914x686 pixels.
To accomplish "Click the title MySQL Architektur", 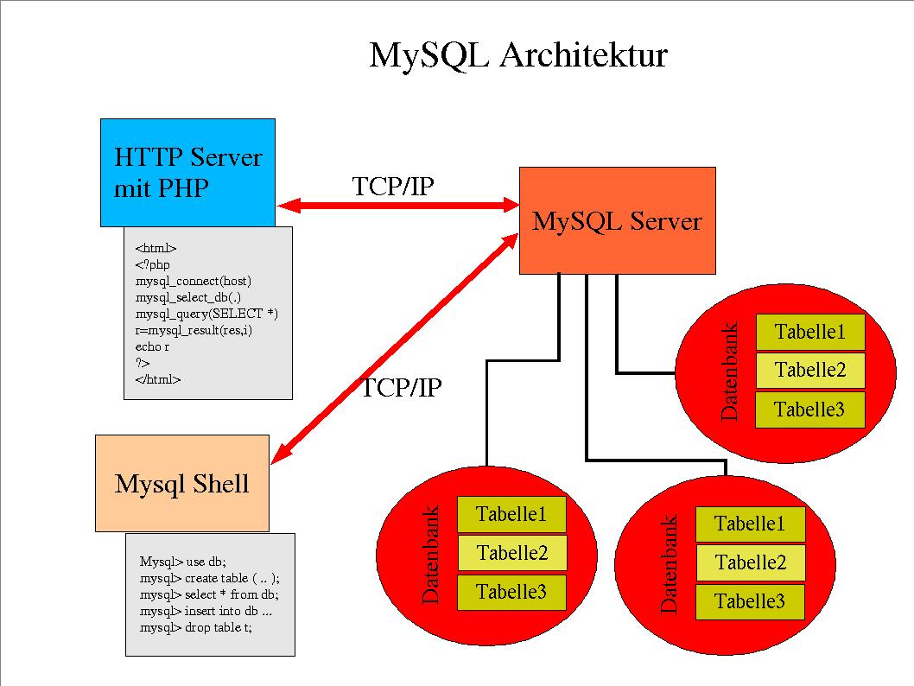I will pyautogui.click(x=518, y=55).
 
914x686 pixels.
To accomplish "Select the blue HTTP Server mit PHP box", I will pyautogui.click(x=187, y=172).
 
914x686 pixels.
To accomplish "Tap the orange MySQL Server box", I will pyautogui.click(x=617, y=221).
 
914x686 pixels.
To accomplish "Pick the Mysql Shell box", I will pyautogui.click(x=181, y=483).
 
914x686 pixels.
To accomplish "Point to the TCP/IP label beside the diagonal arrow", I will pyautogui.click(x=401, y=388).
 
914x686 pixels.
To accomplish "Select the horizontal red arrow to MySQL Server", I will pyautogui.click(x=397, y=206).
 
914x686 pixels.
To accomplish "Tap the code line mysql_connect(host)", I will pyautogui.click(x=194, y=281).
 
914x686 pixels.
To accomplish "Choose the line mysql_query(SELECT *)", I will pyautogui.click(x=206, y=314).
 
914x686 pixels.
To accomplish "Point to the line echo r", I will pyautogui.click(x=152, y=346).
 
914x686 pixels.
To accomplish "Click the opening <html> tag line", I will pyautogui.click(x=156, y=248).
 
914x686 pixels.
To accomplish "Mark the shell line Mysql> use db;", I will pyautogui.click(x=182, y=561).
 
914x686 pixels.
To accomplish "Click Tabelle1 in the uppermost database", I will pyautogui.click(x=809, y=332).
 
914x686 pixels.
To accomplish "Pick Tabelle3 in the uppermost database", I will pyautogui.click(x=809, y=410).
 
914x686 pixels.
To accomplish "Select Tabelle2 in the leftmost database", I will pyautogui.click(x=511, y=553).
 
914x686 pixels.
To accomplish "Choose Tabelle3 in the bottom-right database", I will pyautogui.click(x=750, y=601).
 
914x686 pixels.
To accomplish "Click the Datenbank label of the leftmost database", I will pyautogui.click(x=431, y=554).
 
